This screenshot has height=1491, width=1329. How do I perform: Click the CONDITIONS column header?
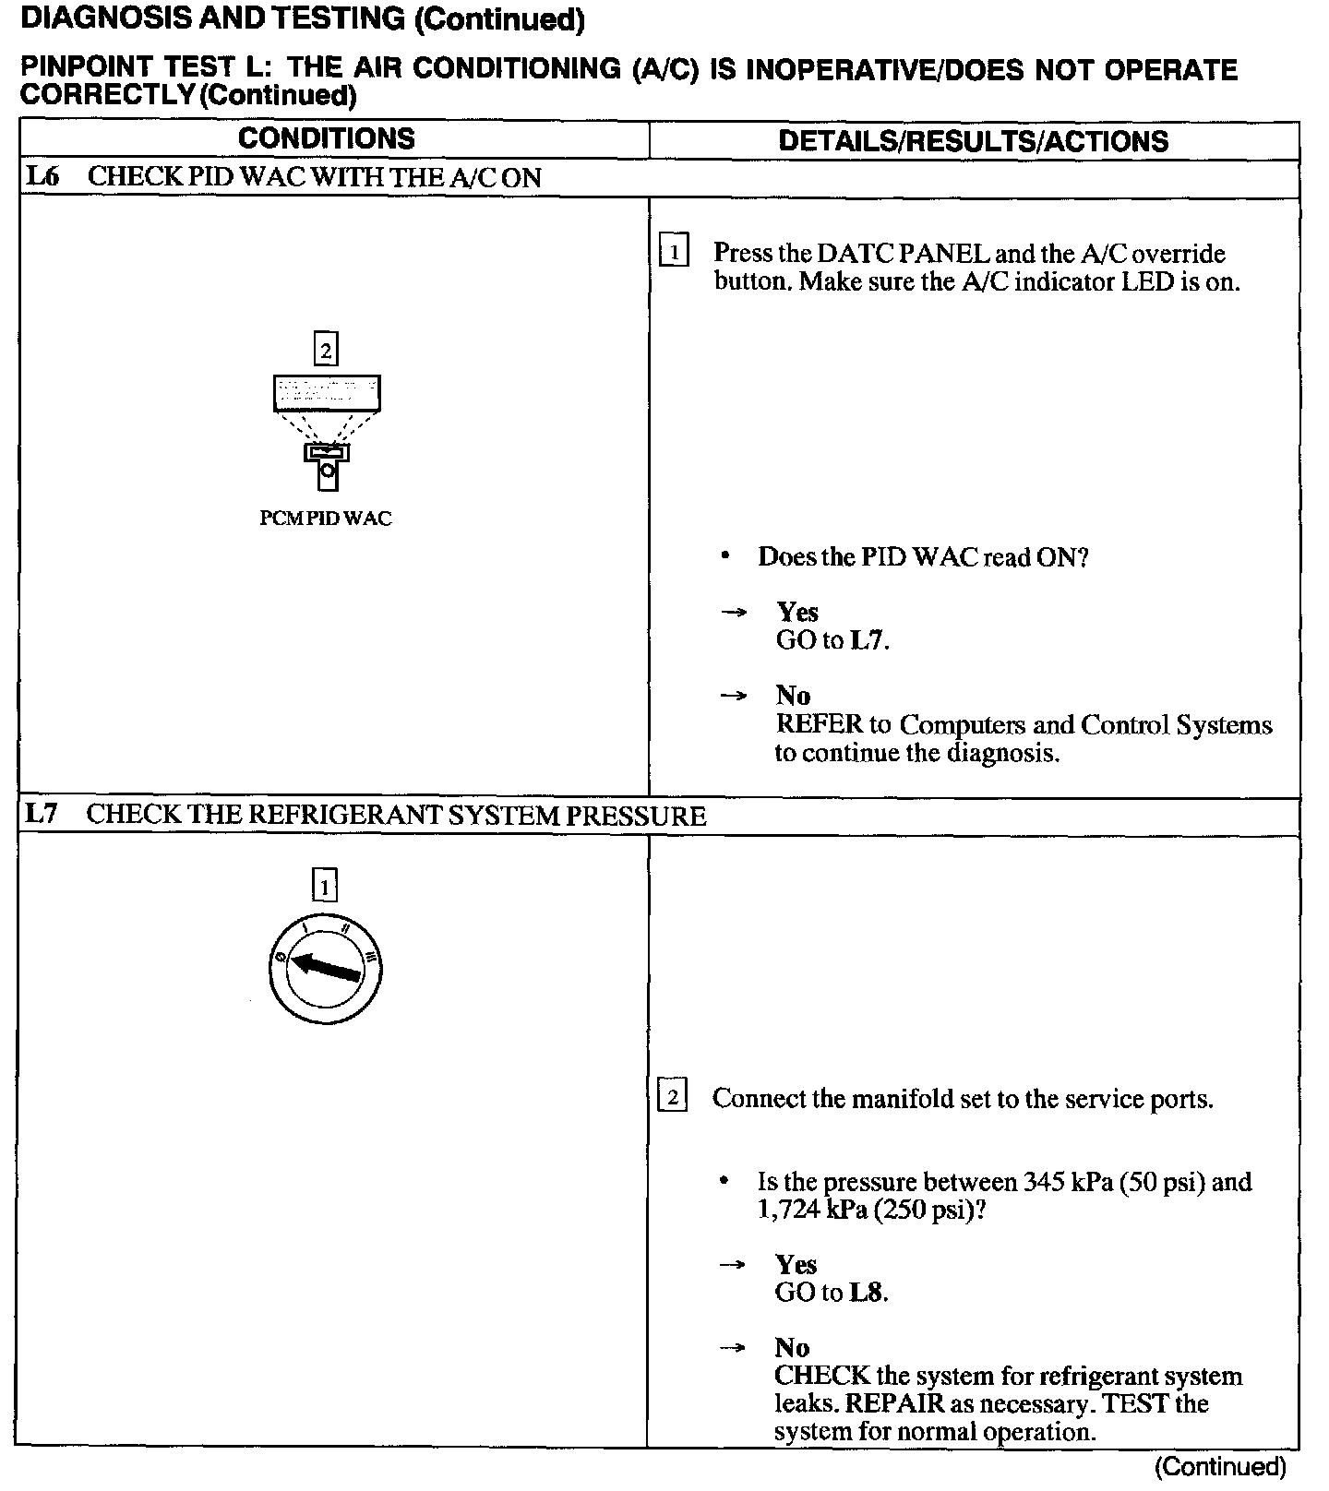327,138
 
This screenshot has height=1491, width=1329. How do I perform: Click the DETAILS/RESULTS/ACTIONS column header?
974,140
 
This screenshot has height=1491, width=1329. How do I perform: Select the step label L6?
42,176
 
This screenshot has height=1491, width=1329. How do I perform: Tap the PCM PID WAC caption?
326,519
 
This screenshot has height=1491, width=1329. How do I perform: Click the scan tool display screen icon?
327,393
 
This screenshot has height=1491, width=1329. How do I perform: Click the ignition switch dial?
326,970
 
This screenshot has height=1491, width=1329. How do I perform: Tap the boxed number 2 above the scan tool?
326,350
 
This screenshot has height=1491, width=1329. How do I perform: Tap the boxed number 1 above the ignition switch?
325,886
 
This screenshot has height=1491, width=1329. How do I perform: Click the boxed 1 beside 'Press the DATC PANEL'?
675,252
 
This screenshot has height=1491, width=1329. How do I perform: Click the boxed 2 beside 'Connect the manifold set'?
673,1097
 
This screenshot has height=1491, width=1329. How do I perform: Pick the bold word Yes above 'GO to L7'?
797,612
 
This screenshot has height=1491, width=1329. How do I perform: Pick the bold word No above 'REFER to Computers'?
793,696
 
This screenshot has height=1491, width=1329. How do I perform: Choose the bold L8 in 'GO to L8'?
866,1293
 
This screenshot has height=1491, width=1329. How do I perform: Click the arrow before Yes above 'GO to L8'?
733,1265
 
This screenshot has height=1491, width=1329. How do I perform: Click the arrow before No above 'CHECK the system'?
733,1348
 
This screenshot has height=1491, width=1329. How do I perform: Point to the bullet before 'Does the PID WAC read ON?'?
726,556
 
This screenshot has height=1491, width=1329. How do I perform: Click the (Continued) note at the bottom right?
1220,1467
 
